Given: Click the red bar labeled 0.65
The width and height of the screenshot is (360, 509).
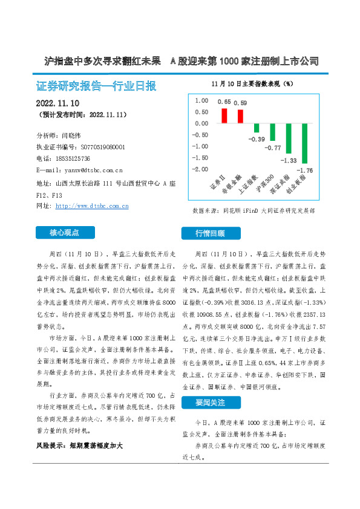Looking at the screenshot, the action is pyautogui.click(x=224, y=115).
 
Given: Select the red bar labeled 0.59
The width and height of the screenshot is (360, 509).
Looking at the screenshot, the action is pyautogui.click(x=240, y=116).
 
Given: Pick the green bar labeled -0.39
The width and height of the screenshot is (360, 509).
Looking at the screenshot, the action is pyautogui.click(x=257, y=128).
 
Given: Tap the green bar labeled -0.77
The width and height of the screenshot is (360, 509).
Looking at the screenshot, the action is pyautogui.click(x=272, y=132).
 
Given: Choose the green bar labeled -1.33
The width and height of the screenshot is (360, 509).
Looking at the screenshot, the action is pyautogui.click(x=289, y=138).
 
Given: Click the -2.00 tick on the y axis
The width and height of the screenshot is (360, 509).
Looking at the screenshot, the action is pyautogui.click(x=200, y=169).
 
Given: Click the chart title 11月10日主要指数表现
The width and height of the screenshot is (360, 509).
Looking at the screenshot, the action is pyautogui.click(x=252, y=83).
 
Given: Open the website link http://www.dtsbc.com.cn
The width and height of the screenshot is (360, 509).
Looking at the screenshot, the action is pyautogui.click(x=91, y=206).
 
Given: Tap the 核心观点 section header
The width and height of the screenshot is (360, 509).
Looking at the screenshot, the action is pyautogui.click(x=65, y=232).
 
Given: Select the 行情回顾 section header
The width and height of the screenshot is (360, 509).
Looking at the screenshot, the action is pyautogui.click(x=210, y=233).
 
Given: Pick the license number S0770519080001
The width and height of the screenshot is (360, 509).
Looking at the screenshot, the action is pyautogui.click(x=103, y=147).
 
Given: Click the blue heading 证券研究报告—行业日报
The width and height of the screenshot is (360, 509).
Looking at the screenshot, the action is pyautogui.click(x=96, y=85).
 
